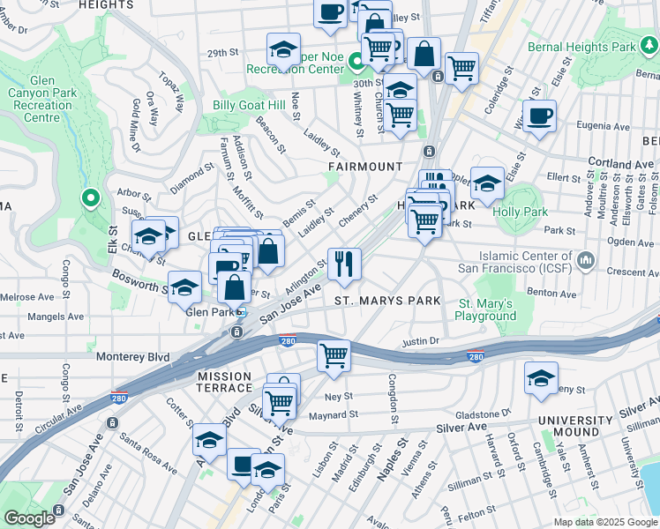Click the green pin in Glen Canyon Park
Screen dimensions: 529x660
coord(89,198)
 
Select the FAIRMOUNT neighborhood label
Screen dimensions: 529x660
coord(365,166)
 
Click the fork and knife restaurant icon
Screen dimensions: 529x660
coord(344,263)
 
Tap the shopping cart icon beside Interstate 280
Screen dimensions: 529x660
coord(334,356)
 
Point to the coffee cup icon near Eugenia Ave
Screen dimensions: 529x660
coord(539,115)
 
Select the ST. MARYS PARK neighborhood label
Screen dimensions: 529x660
coord(387,301)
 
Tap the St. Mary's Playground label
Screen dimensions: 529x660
coord(486,309)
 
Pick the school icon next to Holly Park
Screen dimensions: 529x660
coord(487,183)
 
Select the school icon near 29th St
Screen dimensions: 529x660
coord(283,48)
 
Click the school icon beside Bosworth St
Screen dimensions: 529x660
coord(185,287)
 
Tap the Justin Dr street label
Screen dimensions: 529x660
coord(420,340)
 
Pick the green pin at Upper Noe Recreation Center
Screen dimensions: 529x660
coord(356,63)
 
